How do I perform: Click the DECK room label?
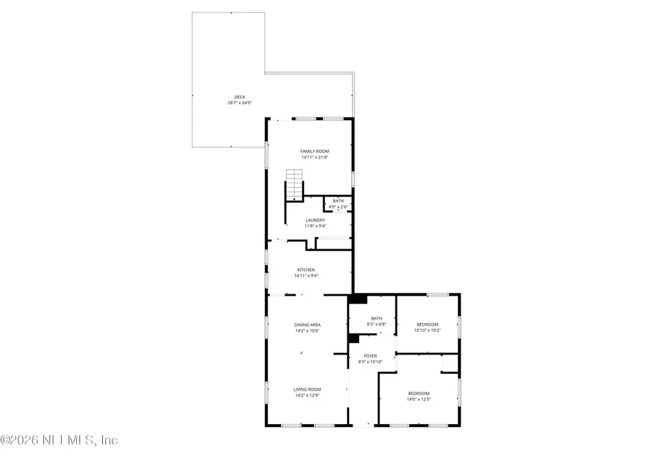coord(239,98)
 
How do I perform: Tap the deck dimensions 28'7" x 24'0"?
coord(239,103)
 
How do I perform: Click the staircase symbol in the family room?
coord(294,185)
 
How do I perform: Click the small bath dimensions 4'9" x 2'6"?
coord(338,207)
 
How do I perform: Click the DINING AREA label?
coord(307,325)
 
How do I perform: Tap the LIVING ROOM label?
coord(307,390)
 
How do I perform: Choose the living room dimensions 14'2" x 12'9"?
coord(307,396)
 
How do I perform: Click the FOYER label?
coord(370,356)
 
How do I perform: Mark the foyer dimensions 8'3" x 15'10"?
coord(370,361)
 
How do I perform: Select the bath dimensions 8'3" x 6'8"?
coord(376,324)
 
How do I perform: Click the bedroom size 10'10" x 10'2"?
coord(427,330)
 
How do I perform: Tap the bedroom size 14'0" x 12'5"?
coord(419,399)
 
